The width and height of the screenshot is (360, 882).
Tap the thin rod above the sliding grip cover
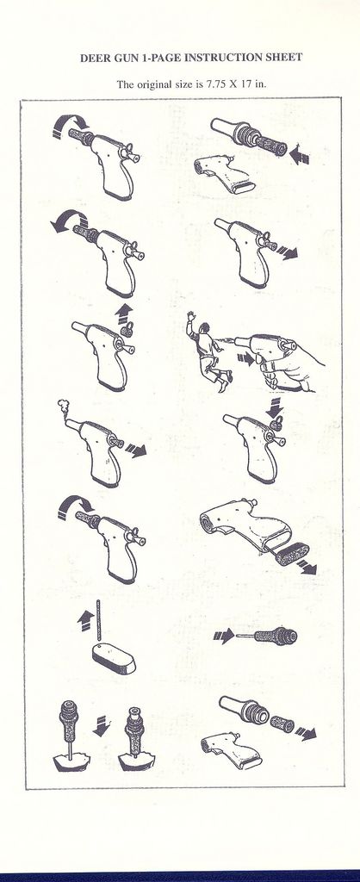[x=98, y=619]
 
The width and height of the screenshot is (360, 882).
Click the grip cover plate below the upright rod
[x=113, y=658]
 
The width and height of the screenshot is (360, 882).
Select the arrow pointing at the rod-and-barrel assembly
[x=223, y=637]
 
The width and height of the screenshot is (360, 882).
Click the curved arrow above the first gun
[x=71, y=124]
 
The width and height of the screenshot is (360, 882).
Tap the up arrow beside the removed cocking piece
[x=124, y=312]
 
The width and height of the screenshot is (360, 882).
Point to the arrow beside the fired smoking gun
[x=135, y=450]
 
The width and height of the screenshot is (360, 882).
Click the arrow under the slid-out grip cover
[x=307, y=567]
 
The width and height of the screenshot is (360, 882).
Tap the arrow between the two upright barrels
[x=102, y=726]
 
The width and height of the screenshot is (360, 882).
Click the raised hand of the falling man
[x=192, y=317]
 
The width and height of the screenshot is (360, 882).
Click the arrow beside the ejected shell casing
[x=306, y=732]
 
